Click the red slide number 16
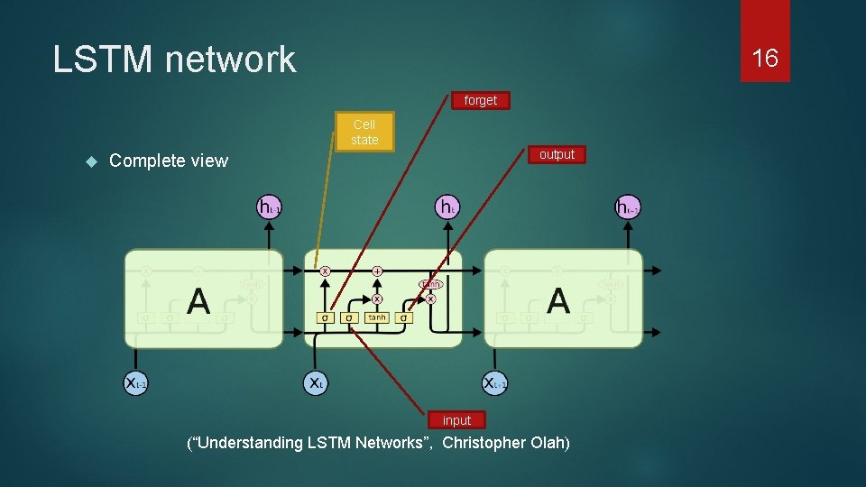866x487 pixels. pos(764,59)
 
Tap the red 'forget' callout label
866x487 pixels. pos(480,100)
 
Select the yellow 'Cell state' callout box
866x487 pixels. pos(364,132)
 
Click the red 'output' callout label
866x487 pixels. pos(557,154)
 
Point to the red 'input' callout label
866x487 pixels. pos(456,420)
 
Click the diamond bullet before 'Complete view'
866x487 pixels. pos(90,161)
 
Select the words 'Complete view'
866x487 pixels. pos(169,161)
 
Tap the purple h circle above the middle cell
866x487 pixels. pos(447,207)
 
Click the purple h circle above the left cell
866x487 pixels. pos(269,207)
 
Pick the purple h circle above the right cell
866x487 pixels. pos(627,207)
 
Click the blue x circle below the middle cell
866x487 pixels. pos(314,382)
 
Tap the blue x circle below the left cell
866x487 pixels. pos(135,382)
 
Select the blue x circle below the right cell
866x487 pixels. pos(494,382)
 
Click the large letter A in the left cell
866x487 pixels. pos(198,301)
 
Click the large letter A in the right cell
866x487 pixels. pos(558,301)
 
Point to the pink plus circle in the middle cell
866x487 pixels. pos(377,270)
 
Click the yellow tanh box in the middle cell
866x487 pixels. pos(377,317)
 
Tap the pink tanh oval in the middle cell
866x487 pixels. pos(430,284)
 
